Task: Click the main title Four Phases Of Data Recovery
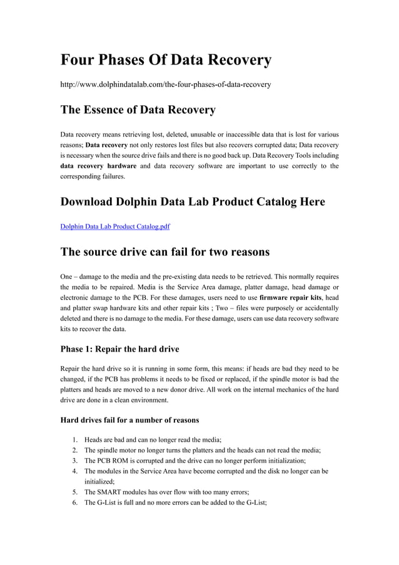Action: pyautogui.click(x=166, y=60)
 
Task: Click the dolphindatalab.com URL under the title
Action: pyautogui.click(x=165, y=84)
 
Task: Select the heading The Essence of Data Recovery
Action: pyautogui.click(x=138, y=110)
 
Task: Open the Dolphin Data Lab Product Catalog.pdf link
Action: pyautogui.click(x=115, y=227)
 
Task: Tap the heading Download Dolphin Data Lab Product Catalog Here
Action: pyautogui.click(x=193, y=201)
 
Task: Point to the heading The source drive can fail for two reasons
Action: pyautogui.click(x=164, y=252)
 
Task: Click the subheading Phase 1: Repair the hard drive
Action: pyautogui.click(x=119, y=349)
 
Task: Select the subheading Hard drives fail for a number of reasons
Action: pyautogui.click(x=129, y=420)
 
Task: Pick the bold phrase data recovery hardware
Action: pyautogui.click(x=98, y=166)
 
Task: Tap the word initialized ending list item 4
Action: pyautogui.click(x=98, y=481)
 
